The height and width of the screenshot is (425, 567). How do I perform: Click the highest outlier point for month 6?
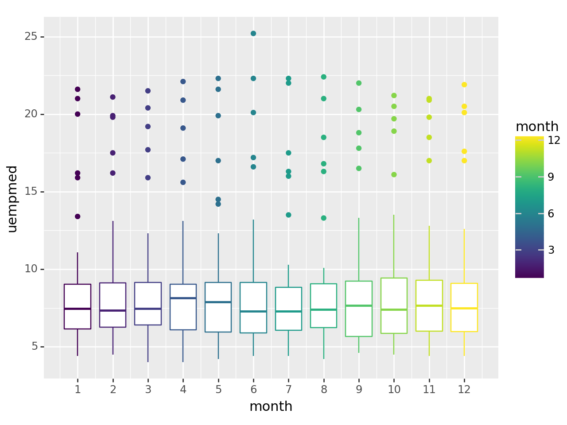click(253, 34)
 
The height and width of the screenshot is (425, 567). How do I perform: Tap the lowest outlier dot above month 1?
click(78, 216)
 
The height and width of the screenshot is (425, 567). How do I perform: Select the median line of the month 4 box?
click(183, 298)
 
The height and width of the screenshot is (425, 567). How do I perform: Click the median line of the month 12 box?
click(464, 308)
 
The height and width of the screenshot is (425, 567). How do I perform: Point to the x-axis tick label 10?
click(394, 390)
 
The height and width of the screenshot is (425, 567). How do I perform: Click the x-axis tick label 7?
click(288, 390)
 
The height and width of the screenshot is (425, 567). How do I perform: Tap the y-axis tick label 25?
click(31, 37)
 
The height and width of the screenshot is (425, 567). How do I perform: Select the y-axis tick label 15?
click(31, 192)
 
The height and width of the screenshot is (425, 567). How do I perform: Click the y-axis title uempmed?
click(12, 199)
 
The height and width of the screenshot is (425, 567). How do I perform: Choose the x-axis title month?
click(271, 406)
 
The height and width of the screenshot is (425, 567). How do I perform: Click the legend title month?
click(537, 127)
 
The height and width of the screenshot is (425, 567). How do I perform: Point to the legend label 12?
click(554, 140)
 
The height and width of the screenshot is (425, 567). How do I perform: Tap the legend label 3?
click(551, 250)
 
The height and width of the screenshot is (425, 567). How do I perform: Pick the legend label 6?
click(551, 213)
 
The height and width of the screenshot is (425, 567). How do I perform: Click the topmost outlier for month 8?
click(324, 77)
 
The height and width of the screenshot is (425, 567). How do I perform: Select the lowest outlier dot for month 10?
click(394, 174)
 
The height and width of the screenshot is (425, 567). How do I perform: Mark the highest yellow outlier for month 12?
click(464, 85)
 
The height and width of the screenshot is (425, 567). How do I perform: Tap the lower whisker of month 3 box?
click(148, 344)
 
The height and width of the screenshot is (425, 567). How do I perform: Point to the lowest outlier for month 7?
click(288, 215)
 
